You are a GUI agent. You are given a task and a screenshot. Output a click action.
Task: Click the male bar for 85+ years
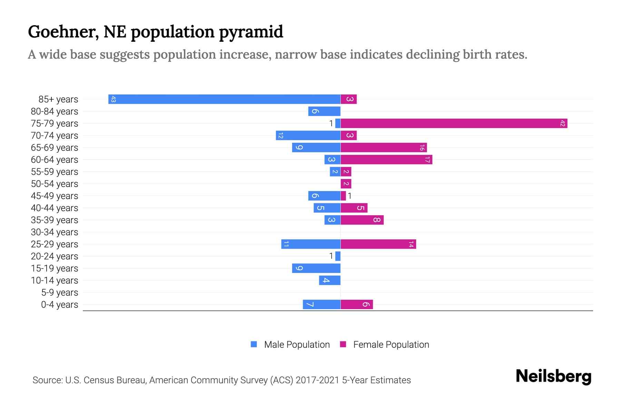(224, 99)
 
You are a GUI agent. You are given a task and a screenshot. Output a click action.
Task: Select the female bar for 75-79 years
(454, 124)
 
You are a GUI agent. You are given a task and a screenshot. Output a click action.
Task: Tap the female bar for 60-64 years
(386, 160)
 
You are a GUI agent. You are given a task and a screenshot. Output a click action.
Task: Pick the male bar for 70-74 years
(308, 136)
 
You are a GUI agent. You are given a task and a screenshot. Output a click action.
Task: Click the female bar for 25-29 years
(378, 244)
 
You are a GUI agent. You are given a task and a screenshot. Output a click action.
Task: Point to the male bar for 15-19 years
(316, 268)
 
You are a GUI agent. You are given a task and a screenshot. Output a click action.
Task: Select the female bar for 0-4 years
(357, 305)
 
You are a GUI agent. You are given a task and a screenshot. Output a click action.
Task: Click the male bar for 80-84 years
(324, 111)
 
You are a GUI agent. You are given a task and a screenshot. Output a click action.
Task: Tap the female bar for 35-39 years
(362, 220)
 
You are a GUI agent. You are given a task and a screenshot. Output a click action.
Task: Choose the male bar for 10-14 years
(329, 280)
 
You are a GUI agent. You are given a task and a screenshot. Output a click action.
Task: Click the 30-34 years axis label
(55, 232)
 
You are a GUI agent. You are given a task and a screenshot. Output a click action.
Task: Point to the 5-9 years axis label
(59, 293)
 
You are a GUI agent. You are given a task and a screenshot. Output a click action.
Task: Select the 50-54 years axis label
(55, 184)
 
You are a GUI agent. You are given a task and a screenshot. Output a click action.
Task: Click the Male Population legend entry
(296, 345)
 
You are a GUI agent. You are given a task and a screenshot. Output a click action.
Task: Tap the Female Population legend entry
(391, 345)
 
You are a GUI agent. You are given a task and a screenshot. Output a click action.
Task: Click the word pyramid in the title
(251, 32)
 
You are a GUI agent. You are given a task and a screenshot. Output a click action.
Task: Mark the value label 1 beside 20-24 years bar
(331, 256)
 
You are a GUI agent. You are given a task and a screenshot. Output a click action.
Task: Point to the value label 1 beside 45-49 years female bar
(349, 196)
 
